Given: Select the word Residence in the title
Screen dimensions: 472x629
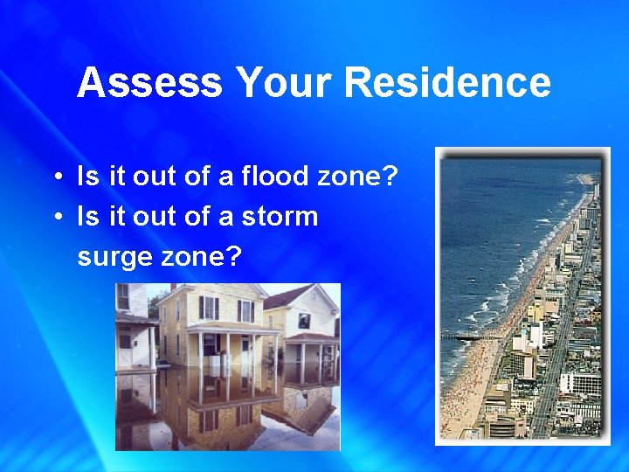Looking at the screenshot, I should click(x=446, y=84).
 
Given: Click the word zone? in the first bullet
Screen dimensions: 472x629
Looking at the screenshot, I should click(x=361, y=177).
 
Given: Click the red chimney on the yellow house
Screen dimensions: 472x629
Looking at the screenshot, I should click(x=172, y=288).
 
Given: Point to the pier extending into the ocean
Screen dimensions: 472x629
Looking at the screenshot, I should click(x=472, y=336).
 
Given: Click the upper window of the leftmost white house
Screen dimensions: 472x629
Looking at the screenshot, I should click(x=123, y=296).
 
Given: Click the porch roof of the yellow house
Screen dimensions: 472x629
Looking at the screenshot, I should click(x=229, y=327).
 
